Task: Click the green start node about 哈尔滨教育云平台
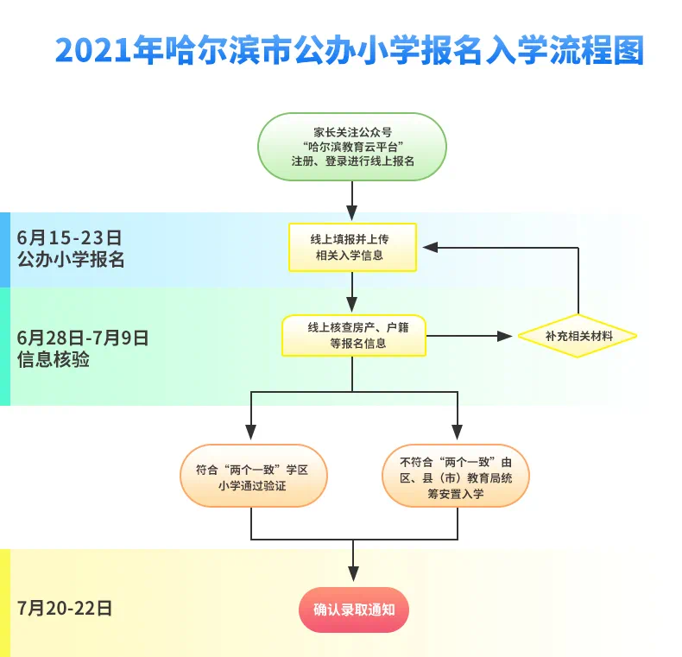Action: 352,147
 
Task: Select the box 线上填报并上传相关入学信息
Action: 352,247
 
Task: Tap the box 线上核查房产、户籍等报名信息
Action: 353,336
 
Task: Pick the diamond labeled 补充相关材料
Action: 578,336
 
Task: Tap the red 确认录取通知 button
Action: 353,610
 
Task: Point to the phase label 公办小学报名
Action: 71,259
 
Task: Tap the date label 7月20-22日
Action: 65,608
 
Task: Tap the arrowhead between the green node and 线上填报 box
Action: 352,213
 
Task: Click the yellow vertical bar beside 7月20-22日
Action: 4,603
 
